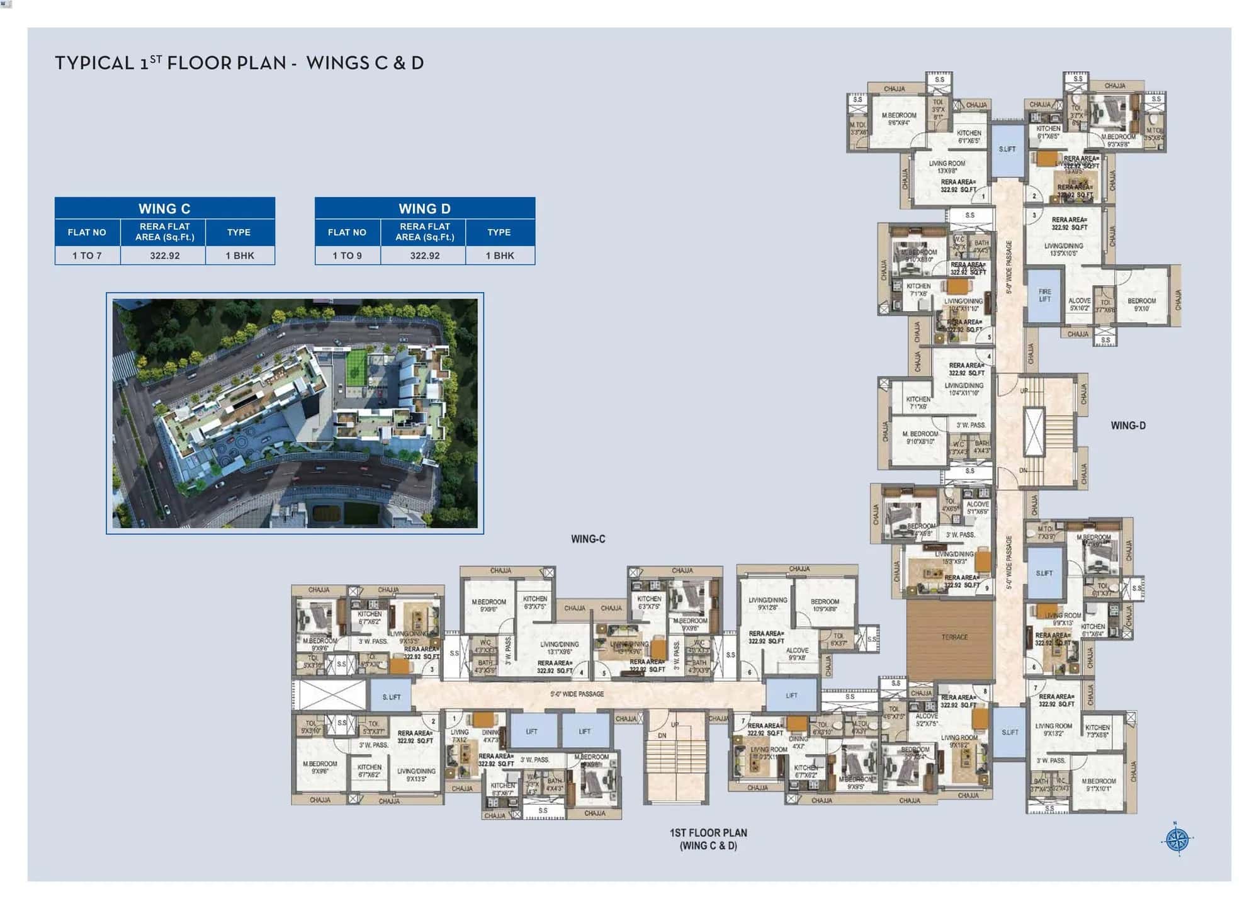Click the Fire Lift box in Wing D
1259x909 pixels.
[1044, 296]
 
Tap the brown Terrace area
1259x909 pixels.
[950, 638]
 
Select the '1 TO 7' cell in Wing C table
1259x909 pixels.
[87, 256]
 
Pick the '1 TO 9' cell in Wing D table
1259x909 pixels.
[347, 256]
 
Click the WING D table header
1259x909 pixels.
[424, 208]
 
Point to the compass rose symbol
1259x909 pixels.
[1177, 839]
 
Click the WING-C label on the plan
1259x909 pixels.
[587, 539]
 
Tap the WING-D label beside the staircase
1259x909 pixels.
[1127, 426]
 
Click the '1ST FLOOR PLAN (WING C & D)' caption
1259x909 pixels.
[708, 839]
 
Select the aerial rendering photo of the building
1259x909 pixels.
[295, 413]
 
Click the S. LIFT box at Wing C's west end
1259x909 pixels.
[391, 697]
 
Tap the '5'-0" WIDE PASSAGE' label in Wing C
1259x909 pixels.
[577, 694]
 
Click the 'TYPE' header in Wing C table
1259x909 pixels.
[239, 232]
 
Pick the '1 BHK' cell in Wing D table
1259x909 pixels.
[499, 256]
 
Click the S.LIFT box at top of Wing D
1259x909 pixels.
[1007, 150]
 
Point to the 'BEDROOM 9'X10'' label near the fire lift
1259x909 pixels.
[1141, 305]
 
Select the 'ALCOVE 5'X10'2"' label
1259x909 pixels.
[1079, 305]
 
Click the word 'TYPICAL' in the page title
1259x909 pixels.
[94, 63]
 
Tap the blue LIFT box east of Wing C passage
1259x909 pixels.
[791, 696]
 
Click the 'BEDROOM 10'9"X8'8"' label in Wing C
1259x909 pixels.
[825, 605]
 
